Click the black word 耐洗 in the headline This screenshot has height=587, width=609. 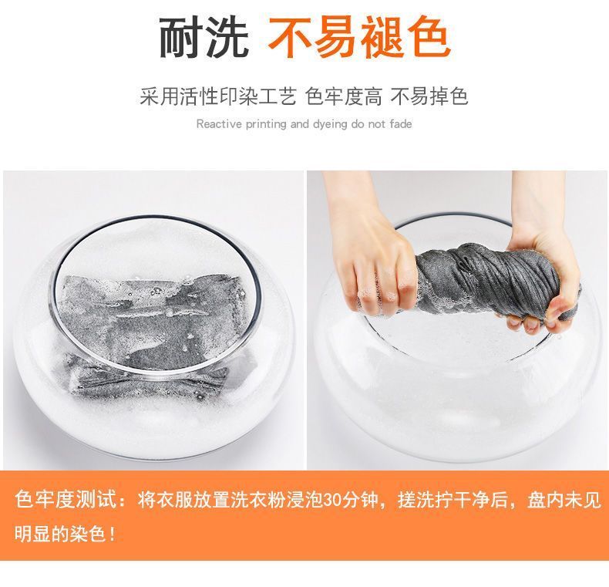204,39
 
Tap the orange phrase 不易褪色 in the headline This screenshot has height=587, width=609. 359,39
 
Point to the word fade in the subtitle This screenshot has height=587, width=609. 401,124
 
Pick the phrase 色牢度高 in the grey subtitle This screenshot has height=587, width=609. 344,96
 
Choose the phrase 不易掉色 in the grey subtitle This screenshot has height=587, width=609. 429,96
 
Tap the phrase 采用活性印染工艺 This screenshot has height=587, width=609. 218,96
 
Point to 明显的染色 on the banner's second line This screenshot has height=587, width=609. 60,534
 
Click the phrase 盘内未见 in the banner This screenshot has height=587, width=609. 564,500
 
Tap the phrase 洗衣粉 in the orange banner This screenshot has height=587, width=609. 247,500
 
